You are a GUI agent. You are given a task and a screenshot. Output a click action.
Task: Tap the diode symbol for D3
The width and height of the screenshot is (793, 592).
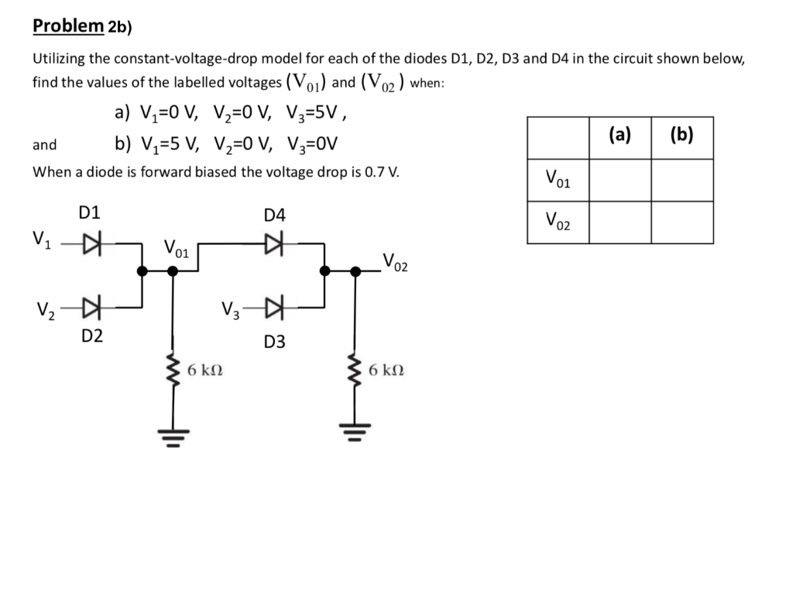point(273,308)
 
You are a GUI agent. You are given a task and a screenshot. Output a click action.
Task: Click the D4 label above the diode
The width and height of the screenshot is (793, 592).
point(274,215)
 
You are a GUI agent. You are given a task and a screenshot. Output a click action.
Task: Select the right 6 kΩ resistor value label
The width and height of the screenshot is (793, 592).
point(386,370)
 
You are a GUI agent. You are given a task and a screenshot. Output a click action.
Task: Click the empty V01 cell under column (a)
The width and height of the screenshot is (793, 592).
point(620,181)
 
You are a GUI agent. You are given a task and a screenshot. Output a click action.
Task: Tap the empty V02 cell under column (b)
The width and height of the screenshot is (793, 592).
point(681,223)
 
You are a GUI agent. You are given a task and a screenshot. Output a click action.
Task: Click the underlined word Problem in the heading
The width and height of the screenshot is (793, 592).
point(67,26)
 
